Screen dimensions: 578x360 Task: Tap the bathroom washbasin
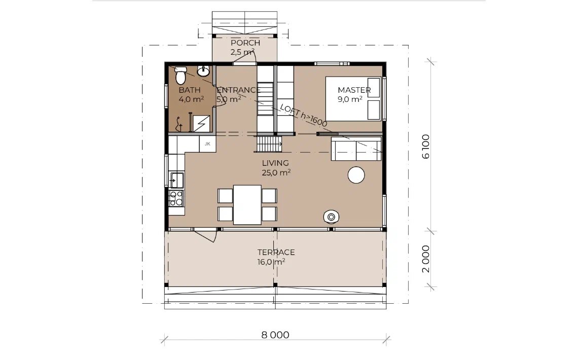(203, 71)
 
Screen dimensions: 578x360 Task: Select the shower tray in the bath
(202, 123)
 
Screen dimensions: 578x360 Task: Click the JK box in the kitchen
(207, 143)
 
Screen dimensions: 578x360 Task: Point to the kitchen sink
(176, 180)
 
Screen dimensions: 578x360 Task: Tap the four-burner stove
(176, 198)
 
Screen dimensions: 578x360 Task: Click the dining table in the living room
(247, 204)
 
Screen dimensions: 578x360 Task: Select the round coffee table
(356, 175)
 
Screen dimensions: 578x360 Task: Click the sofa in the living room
(356, 149)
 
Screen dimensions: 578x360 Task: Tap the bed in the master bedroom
(353, 98)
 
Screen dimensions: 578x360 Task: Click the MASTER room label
(354, 90)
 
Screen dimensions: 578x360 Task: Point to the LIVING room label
(275, 163)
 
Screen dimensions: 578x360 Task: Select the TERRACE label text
(276, 253)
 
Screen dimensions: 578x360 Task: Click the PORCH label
(245, 43)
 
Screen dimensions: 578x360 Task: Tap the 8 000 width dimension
(275, 335)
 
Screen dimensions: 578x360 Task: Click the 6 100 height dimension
(425, 147)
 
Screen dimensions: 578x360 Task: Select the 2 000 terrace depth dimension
(425, 259)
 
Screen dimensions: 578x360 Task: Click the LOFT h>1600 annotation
(303, 115)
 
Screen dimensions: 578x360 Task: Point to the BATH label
(190, 90)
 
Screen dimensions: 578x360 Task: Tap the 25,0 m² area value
(276, 172)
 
